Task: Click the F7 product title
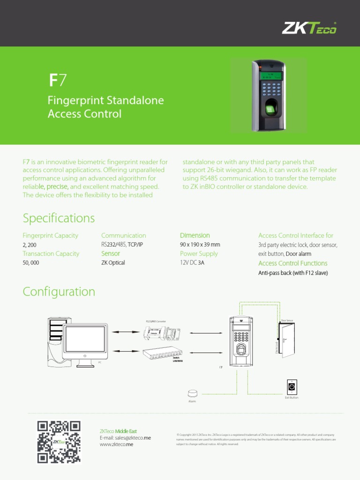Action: (x=58, y=81)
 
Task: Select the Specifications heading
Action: (x=59, y=218)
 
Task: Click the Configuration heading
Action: (x=59, y=292)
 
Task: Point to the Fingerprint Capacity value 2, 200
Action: (x=30, y=245)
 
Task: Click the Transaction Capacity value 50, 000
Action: (x=31, y=263)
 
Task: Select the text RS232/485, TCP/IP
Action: (x=122, y=245)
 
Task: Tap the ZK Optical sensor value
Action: (x=113, y=263)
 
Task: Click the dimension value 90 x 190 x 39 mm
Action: (x=200, y=245)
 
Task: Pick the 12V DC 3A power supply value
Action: (x=192, y=263)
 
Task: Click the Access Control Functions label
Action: (x=292, y=263)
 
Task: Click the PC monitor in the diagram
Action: (x=85, y=340)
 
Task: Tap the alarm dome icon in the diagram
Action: (x=192, y=393)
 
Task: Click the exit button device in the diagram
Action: (x=292, y=387)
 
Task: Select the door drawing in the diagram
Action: (x=288, y=341)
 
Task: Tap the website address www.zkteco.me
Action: (x=116, y=444)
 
